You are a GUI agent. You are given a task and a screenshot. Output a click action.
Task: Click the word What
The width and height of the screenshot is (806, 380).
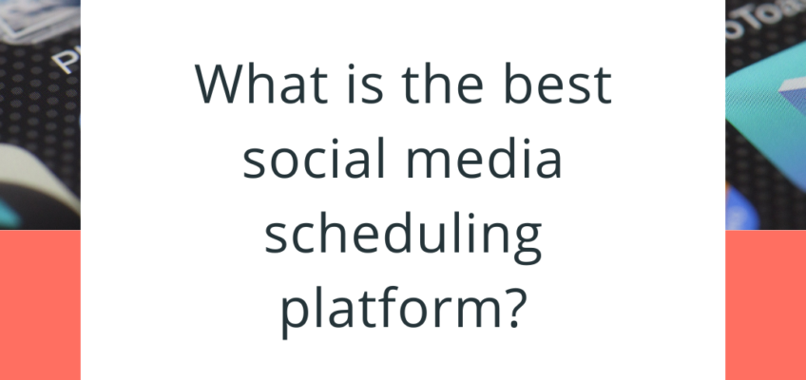click(261, 83)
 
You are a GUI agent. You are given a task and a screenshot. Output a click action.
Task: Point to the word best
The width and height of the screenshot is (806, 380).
click(558, 83)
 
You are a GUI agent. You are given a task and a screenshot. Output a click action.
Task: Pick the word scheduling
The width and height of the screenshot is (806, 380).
click(403, 238)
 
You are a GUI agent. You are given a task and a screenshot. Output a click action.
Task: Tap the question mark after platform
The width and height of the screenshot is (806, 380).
click(515, 310)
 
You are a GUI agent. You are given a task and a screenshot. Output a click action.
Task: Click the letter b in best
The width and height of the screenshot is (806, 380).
click(519, 84)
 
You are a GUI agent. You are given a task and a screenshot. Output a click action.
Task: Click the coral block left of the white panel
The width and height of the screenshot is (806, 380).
click(40, 305)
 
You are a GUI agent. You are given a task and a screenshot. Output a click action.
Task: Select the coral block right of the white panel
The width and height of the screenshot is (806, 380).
click(765, 305)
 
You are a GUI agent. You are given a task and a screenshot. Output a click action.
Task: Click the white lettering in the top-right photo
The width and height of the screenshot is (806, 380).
click(760, 18)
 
